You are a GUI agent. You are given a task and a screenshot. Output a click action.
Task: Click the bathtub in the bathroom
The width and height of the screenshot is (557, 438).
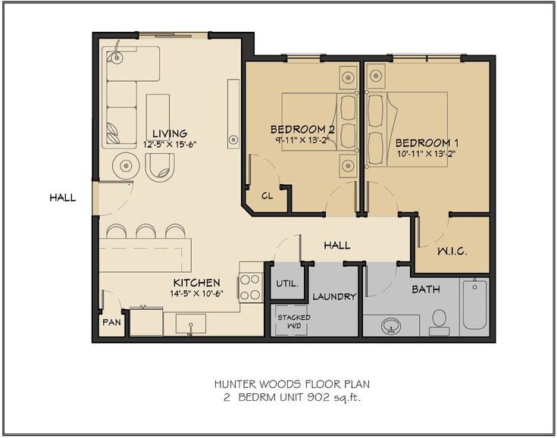pyautogui.click(x=474, y=306)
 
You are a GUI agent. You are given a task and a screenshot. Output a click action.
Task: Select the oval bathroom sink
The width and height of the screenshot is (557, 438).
pyautogui.click(x=391, y=326)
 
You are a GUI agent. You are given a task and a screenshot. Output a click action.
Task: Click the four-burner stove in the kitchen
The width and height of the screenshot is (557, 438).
pyautogui.click(x=250, y=287)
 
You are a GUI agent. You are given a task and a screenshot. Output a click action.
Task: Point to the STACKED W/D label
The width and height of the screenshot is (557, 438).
pyautogui.click(x=294, y=321)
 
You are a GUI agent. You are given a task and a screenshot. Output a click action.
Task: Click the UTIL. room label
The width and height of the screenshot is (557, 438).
pyautogui.click(x=287, y=284)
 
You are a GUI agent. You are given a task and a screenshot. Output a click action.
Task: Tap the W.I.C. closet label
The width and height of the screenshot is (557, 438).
pyautogui.click(x=452, y=251)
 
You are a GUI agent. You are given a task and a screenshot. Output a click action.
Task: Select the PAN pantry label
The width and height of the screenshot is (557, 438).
pyautogui.click(x=111, y=322)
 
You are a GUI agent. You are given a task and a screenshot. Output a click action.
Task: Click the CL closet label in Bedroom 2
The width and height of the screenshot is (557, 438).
pyautogui.click(x=267, y=196)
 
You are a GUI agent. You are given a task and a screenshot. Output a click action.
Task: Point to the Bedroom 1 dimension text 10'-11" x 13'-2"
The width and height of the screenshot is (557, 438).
pyautogui.click(x=426, y=154)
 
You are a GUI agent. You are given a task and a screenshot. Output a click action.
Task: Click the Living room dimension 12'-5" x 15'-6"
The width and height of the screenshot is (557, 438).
pyautogui.click(x=170, y=144)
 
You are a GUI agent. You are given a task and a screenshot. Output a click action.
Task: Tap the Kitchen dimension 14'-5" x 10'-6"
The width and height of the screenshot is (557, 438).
pyautogui.click(x=196, y=293)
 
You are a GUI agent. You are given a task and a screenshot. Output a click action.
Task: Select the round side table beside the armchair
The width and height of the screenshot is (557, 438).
pyautogui.click(x=125, y=165)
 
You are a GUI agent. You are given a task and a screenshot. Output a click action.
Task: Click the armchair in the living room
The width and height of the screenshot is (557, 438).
pyautogui.click(x=160, y=167)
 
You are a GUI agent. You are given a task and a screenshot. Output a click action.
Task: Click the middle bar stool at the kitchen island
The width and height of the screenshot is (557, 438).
pyautogui.click(x=146, y=231)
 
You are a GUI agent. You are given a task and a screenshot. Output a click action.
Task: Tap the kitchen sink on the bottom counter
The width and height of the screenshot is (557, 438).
pyautogui.click(x=191, y=324)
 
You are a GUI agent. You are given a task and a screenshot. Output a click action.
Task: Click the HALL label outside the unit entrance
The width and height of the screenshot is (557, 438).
pyautogui.click(x=62, y=198)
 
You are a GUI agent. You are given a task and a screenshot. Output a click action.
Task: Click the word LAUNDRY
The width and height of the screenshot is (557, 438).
pyautogui.click(x=334, y=296)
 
